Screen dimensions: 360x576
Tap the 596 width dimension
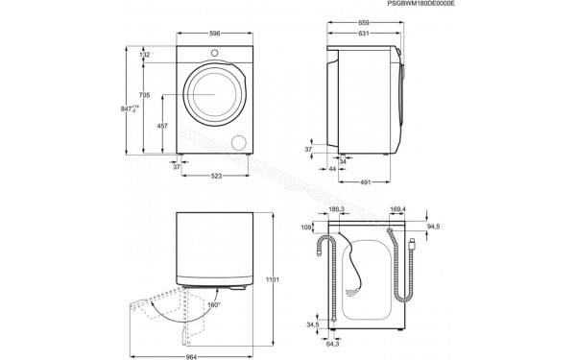[214, 33]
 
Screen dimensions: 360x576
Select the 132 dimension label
[145, 55]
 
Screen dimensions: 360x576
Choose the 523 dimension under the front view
[217, 176]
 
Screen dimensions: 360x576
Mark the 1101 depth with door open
[272, 279]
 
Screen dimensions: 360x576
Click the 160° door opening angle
[212, 305]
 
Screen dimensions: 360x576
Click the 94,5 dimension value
[433, 228]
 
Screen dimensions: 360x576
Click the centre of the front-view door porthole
[214, 95]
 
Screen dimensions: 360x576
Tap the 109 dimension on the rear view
[307, 228]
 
